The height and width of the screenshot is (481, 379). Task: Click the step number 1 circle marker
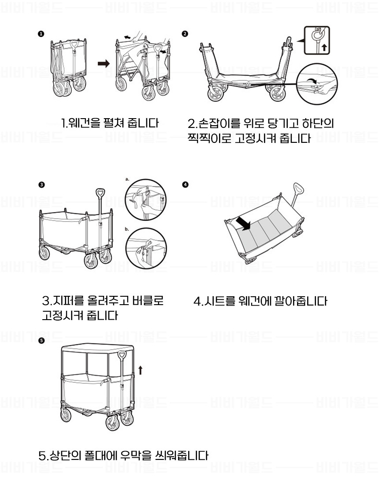point(41,34)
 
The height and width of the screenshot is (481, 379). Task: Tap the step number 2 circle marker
point(185,34)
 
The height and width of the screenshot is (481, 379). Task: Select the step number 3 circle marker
point(42,185)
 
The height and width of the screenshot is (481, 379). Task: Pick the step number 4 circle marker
point(185,185)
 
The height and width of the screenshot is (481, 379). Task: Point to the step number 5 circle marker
point(42,340)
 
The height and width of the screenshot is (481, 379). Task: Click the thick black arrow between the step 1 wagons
point(104,64)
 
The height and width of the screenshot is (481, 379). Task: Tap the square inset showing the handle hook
point(317,41)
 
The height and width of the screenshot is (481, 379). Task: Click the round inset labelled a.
point(146,200)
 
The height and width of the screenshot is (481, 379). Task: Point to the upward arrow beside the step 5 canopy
point(141,370)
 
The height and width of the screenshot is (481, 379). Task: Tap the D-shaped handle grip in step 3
point(100,194)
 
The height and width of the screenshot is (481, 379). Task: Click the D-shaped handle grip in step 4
point(298,188)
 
